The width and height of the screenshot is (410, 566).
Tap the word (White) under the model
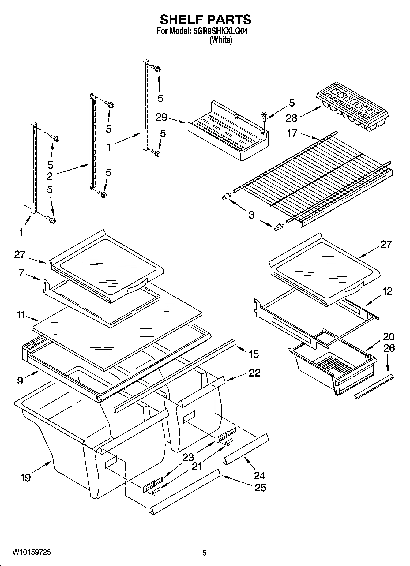point(220,40)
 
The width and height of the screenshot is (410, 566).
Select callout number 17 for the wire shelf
point(292,133)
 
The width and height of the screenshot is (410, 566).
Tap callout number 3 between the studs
point(251,215)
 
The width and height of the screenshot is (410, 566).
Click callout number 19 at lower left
point(25,478)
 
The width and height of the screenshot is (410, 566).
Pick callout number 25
point(260,487)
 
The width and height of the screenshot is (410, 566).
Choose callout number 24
point(259,475)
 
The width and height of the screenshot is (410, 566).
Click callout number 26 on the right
point(389,348)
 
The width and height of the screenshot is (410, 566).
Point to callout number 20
point(389,337)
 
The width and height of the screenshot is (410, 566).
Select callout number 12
point(387,291)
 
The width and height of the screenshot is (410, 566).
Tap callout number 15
point(254,354)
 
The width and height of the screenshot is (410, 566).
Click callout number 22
point(254,373)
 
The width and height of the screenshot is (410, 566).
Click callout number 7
point(21,273)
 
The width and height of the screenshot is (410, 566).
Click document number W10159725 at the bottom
point(32,552)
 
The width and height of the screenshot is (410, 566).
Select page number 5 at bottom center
point(205,553)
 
